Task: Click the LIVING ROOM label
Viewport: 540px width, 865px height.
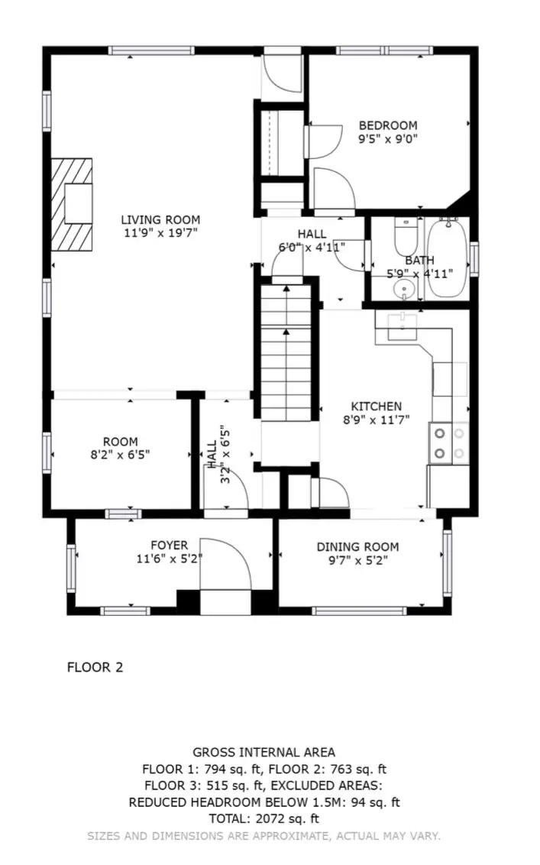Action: pos(160,219)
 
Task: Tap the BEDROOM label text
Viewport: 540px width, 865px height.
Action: pos(388,125)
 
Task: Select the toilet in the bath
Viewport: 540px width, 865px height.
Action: pos(406,236)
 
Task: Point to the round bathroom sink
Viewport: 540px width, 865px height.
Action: pos(405,289)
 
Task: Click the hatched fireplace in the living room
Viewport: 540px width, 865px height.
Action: pos(72,204)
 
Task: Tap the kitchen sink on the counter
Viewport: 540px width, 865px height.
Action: pos(402,326)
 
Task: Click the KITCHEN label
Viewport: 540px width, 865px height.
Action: pos(377,406)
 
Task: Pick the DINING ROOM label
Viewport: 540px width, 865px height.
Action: pos(357,546)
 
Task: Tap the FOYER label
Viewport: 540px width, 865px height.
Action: pos(170,545)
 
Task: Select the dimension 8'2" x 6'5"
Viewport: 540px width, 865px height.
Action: pos(120,455)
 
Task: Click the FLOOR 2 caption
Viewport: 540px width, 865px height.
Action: pos(95,667)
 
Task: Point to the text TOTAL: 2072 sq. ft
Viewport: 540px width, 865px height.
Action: pos(264,818)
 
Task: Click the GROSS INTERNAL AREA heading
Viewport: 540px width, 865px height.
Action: pos(264,752)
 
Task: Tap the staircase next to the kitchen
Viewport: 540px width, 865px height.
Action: pos(286,353)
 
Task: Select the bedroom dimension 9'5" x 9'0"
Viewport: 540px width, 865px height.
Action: pos(388,139)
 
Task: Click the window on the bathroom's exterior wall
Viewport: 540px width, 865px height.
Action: pos(474,258)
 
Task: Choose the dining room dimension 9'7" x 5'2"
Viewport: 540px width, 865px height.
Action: pos(358,560)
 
